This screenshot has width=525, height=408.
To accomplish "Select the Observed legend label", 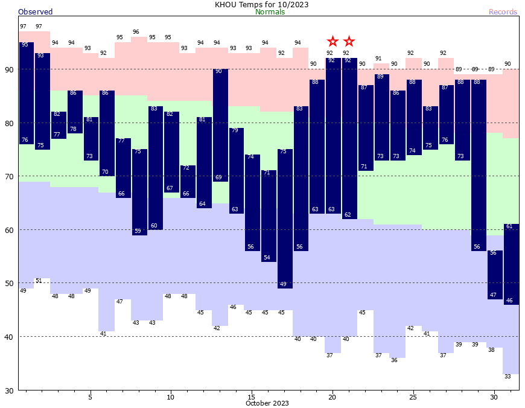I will click(x=35, y=12).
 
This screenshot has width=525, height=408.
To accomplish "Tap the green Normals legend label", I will click(x=270, y=12).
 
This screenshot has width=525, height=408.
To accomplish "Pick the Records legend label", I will click(x=503, y=12).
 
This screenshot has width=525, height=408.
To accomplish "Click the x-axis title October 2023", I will click(x=267, y=403).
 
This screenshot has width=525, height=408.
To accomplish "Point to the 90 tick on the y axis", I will click(x=9, y=69).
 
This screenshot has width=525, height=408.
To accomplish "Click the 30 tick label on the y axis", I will click(x=9, y=390).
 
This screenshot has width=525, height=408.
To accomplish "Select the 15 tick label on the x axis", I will click(x=251, y=397).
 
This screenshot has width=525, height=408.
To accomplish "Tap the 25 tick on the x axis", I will click(x=413, y=397).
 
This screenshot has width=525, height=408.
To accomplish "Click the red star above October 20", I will click(x=332, y=42).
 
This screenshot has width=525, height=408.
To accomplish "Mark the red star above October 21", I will click(x=349, y=42).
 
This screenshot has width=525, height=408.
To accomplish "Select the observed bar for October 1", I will click(x=27, y=93).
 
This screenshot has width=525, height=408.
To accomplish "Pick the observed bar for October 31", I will click(x=512, y=264).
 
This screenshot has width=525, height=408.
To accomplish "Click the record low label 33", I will click(x=507, y=377).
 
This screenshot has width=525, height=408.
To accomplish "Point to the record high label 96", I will click(x=136, y=32).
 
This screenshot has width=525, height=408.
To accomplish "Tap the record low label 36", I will click(x=394, y=360).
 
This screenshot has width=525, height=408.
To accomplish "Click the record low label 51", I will click(x=39, y=281).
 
